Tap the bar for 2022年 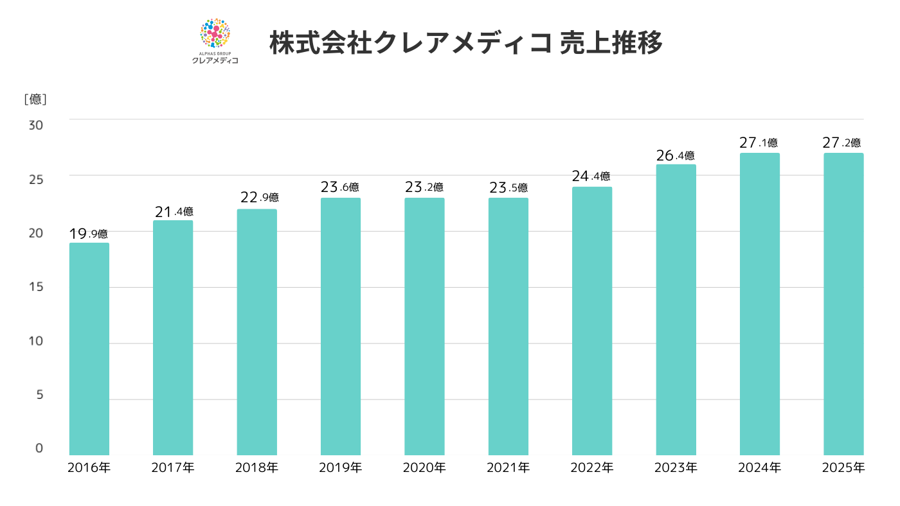592,321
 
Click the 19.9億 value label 89,234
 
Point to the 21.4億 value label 174,211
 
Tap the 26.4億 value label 676,155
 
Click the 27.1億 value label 759,143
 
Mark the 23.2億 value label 424,187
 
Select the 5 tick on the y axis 39,394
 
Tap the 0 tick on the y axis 39,448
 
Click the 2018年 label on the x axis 256,467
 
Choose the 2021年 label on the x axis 508,467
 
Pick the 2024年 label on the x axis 759,467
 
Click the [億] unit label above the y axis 35,100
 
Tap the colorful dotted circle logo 215,34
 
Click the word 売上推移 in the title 611,44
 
